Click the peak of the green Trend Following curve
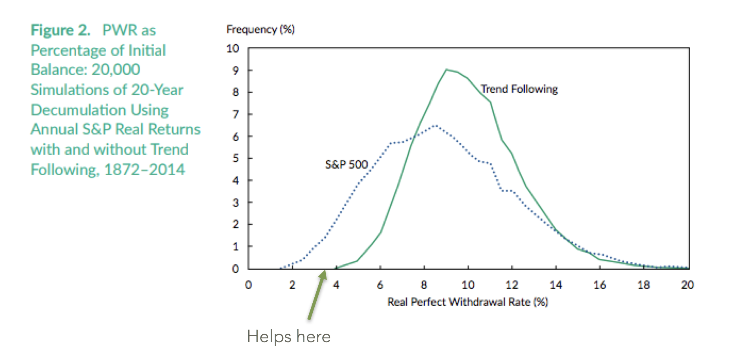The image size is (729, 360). pos(446,70)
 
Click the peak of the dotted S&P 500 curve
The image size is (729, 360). pos(435,125)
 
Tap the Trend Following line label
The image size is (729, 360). pos(519,89)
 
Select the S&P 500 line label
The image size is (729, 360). pos(346,164)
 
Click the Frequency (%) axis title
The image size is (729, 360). pos(260,29)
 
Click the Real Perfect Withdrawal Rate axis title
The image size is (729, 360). pos(467,302)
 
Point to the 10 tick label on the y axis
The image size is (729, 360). pos(232,48)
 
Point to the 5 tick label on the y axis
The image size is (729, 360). pos(236,158)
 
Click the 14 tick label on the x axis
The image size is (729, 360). pos(555,285)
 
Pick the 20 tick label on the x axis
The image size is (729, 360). pos(687,285)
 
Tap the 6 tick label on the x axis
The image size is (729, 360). pos(380,285)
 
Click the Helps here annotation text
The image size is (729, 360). pos(289,337)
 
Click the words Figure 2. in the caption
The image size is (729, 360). pos(60,30)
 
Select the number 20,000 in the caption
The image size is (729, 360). pos(116,70)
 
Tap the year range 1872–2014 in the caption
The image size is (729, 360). pos(144,170)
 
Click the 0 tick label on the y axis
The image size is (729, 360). pos(236,269)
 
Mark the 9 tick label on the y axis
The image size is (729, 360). pos(236,70)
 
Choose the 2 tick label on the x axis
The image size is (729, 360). pos(292,285)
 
